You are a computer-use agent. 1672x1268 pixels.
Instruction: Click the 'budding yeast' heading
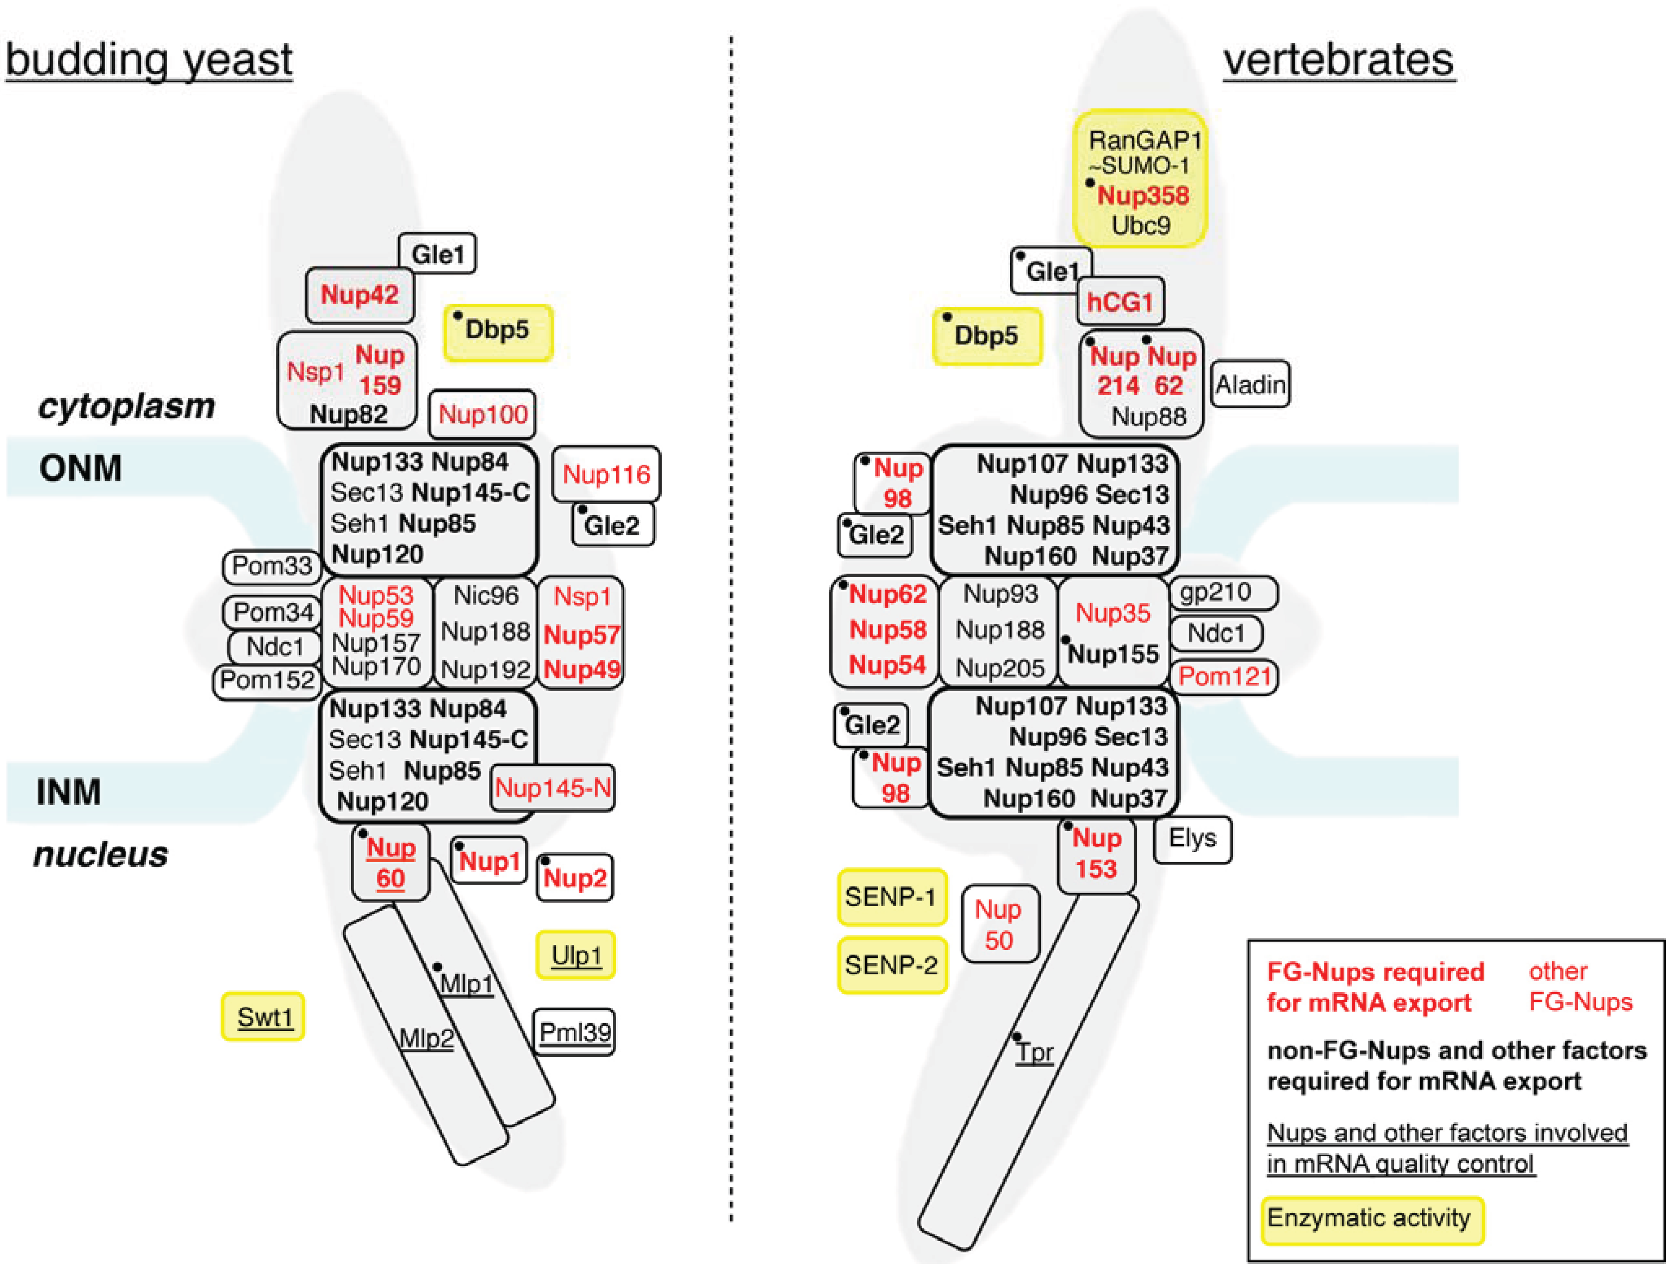point(149,60)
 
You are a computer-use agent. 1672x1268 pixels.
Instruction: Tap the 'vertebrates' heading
point(1339,60)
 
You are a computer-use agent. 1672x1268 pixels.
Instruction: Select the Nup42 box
point(360,295)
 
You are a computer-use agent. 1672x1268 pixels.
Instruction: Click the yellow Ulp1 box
point(576,956)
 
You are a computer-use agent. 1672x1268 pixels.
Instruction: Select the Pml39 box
point(575,1032)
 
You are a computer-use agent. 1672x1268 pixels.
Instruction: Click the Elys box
point(1193,838)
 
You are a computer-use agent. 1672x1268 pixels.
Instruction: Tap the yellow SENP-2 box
point(892,966)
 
